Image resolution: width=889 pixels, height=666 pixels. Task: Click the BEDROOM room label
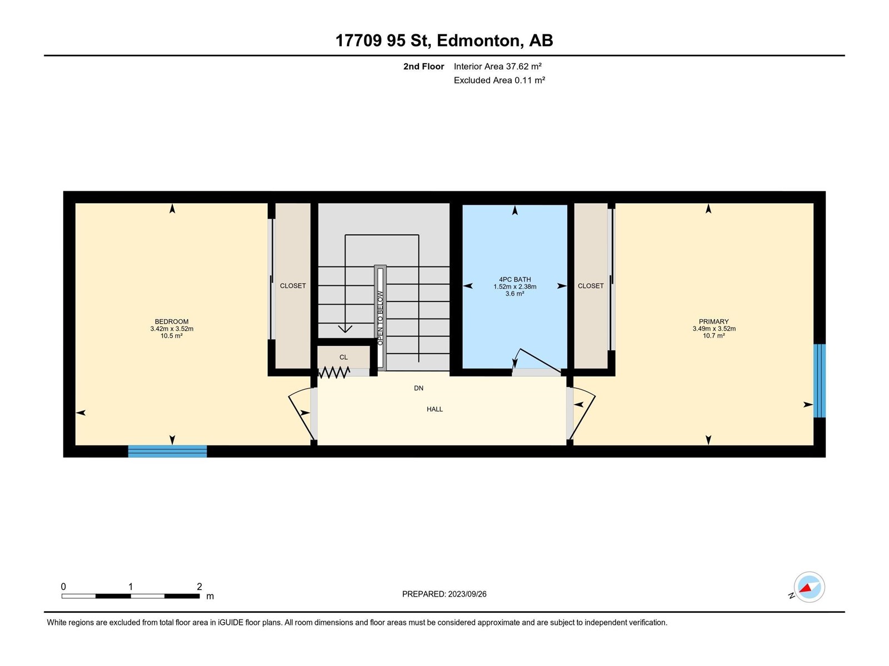tap(171, 321)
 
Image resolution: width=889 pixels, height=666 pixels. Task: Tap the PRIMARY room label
tap(713, 321)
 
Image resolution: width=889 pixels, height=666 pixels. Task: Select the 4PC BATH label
tap(515, 279)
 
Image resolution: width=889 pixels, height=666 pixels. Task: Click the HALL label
tap(434, 409)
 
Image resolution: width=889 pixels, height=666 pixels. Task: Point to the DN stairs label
tap(418, 388)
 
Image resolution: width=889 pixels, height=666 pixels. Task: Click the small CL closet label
tap(343, 357)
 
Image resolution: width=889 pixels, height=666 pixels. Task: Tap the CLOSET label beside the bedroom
tap(293, 286)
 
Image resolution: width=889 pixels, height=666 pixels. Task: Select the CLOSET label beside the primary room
tap(591, 286)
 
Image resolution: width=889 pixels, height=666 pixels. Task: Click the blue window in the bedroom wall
tap(167, 451)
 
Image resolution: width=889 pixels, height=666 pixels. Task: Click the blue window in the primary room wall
tap(820, 381)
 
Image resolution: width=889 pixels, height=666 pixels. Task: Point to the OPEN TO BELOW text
tap(380, 318)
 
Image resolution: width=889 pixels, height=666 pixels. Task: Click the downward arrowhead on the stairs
tap(345, 329)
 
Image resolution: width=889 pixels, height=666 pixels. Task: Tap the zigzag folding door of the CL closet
tap(334, 372)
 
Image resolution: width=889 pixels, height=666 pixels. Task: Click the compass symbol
tap(809, 587)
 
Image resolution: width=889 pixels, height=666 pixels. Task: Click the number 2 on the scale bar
tap(199, 586)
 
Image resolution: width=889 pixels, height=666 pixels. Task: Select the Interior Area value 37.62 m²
tap(524, 66)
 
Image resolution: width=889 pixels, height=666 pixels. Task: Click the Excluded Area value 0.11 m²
tap(530, 80)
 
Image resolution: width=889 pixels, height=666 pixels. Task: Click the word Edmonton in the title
tap(478, 41)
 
